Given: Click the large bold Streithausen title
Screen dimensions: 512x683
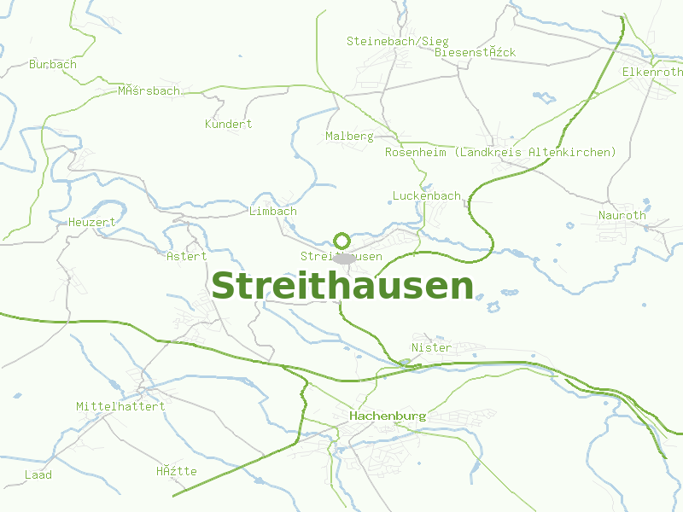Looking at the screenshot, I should pyautogui.click(x=341, y=287).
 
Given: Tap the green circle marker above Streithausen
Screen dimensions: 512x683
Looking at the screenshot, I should pyautogui.click(x=341, y=241).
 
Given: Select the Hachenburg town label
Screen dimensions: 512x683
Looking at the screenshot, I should pyautogui.click(x=387, y=416).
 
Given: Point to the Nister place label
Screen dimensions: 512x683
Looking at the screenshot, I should pyautogui.click(x=431, y=347).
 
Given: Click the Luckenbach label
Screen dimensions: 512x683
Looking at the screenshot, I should pyautogui.click(x=426, y=195).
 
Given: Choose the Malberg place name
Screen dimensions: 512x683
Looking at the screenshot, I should pyautogui.click(x=349, y=136).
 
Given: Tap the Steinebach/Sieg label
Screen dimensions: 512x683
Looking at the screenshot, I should pyautogui.click(x=397, y=41).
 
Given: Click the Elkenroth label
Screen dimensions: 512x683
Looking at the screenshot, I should pyautogui.click(x=652, y=72).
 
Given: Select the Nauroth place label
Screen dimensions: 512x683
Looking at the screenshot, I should pyautogui.click(x=622, y=215).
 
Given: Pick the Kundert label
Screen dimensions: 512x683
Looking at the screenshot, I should pyautogui.click(x=229, y=124).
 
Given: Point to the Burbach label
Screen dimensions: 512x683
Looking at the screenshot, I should pyautogui.click(x=53, y=64).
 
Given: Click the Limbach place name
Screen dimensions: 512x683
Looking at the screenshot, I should pyautogui.click(x=273, y=211).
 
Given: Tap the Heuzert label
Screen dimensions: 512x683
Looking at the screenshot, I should pyautogui.click(x=91, y=222).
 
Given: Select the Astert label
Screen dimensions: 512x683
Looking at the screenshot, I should pyautogui.click(x=187, y=256).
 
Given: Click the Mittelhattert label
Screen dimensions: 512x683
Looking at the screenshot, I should pyautogui.click(x=120, y=406).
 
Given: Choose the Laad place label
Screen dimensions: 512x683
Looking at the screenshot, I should pyautogui.click(x=38, y=474).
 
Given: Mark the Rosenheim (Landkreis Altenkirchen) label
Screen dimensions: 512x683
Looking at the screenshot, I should pyautogui.click(x=500, y=152).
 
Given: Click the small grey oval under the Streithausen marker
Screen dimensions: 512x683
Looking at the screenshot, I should pyautogui.click(x=343, y=258).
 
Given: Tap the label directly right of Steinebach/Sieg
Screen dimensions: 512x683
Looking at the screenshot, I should pyautogui.click(x=476, y=52).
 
